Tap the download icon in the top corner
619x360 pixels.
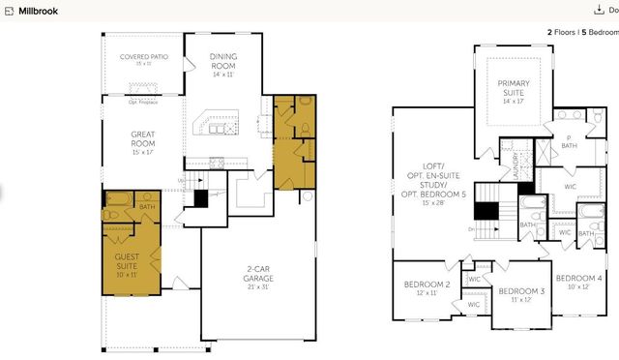coord(599,10)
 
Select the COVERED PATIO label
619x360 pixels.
coord(144,57)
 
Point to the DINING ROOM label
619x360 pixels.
coord(222,61)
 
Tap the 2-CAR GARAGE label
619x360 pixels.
coord(257,274)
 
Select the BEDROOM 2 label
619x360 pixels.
coord(427,285)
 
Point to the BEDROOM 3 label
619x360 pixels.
coord(521,290)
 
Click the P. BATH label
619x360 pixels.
coord(570,141)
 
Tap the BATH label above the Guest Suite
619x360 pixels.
coord(147,206)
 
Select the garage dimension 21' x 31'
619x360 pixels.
coord(257,286)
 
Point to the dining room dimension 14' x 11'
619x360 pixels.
coord(222,75)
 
